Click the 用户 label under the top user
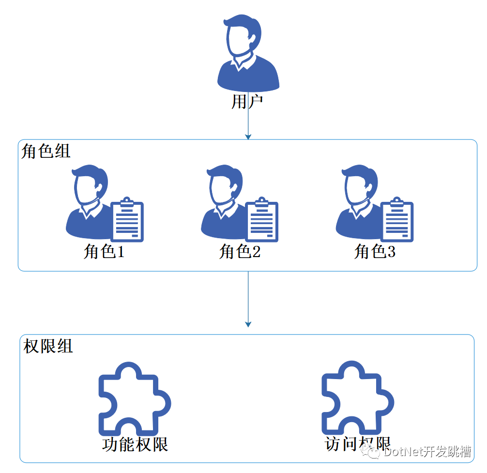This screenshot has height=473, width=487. tap(247, 102)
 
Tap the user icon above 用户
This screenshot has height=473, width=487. tap(248, 53)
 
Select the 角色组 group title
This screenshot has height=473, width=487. tap(46, 151)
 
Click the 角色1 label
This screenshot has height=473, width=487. tap(104, 251)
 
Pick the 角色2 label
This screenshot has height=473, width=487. tap(240, 251)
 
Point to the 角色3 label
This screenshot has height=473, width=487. tap(375, 251)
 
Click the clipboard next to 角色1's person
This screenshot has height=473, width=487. tap(127, 220)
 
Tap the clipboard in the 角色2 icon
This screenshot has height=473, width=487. tap(262, 220)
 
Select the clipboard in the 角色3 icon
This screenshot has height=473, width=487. tap(397, 220)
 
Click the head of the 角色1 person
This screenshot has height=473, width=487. tap(90, 185)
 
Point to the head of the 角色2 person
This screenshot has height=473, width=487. tap(225, 185)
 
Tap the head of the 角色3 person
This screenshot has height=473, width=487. tap(360, 185)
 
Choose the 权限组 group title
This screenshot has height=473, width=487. tap(48, 346)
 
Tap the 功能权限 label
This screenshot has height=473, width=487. tap(135, 444)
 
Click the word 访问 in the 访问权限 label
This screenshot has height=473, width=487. tap(341, 444)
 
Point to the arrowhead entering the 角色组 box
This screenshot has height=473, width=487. tap(248, 137)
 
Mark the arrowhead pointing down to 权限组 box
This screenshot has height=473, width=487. tap(248, 324)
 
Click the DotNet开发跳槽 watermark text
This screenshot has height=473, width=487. tap(427, 451)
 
